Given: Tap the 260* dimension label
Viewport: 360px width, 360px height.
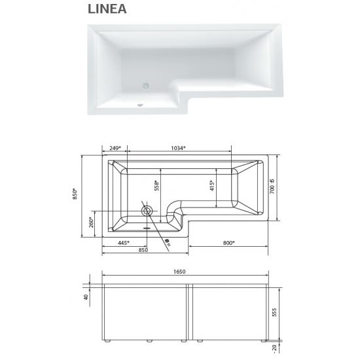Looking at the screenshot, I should (x=92, y=222).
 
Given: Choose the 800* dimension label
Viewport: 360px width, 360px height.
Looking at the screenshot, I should (x=228, y=243).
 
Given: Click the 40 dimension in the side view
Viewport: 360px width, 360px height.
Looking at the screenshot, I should (x=86, y=298).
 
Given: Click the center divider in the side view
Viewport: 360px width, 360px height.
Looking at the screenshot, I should (x=189, y=314).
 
